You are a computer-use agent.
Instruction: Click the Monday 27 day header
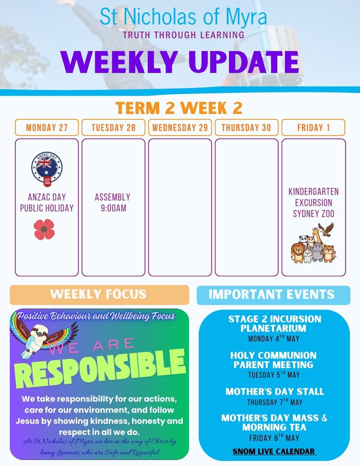point(46,127)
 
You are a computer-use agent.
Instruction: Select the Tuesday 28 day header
point(113,127)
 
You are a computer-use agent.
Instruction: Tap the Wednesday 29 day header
point(180,127)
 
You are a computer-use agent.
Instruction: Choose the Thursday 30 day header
point(246,127)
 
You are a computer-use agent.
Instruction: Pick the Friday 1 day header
point(313,127)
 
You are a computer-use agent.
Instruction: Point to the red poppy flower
point(44,229)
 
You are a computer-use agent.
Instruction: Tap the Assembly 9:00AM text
point(112,202)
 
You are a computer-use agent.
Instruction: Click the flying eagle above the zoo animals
point(326,229)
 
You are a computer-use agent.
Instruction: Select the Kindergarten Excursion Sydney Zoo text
point(313,202)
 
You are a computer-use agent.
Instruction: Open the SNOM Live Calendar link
point(274,451)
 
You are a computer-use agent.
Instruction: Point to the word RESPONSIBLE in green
point(100,368)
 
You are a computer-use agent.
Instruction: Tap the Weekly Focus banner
point(99,295)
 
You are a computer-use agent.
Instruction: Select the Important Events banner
point(273,295)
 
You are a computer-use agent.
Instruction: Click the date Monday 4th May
point(274,338)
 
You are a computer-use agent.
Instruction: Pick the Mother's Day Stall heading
point(274,391)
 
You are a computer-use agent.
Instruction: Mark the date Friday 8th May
point(274,438)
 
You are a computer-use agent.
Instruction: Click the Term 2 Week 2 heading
point(178,108)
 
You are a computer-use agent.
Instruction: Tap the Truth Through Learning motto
point(183,35)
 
